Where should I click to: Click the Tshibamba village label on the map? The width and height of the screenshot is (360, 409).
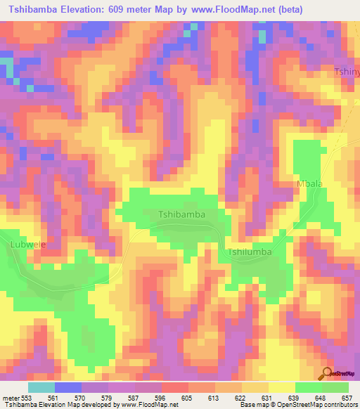181,214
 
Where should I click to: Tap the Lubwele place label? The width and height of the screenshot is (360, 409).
28,245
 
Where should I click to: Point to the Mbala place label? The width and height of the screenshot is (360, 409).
309,184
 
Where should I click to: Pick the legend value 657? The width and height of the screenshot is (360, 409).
347,398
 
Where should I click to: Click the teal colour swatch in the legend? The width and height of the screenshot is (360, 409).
41,387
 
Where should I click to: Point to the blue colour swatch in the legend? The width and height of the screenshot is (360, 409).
68,387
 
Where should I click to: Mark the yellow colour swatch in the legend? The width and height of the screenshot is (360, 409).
281,387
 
